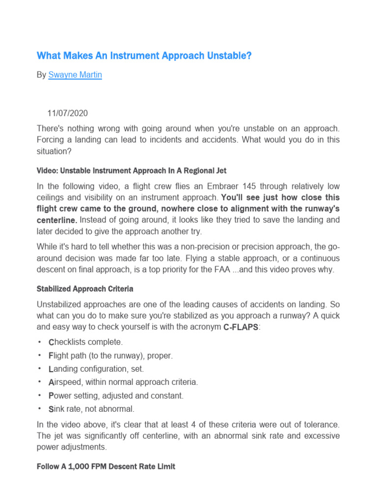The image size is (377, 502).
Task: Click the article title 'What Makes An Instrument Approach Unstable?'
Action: point(144,56)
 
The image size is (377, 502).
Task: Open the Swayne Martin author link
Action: point(75,75)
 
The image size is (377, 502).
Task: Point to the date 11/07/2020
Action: point(67,113)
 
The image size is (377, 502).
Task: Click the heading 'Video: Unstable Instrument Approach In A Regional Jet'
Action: point(132,171)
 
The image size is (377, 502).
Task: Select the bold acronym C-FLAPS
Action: point(238,327)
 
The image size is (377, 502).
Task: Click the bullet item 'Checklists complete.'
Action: point(86,342)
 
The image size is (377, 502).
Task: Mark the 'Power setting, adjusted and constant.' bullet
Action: point(116,395)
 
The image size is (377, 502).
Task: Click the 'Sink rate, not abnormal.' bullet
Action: point(91,408)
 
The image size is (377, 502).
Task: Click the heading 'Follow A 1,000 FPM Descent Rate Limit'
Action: point(106,467)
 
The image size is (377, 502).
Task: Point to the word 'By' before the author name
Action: point(41,75)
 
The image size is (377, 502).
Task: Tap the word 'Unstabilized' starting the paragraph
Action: point(60,304)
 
